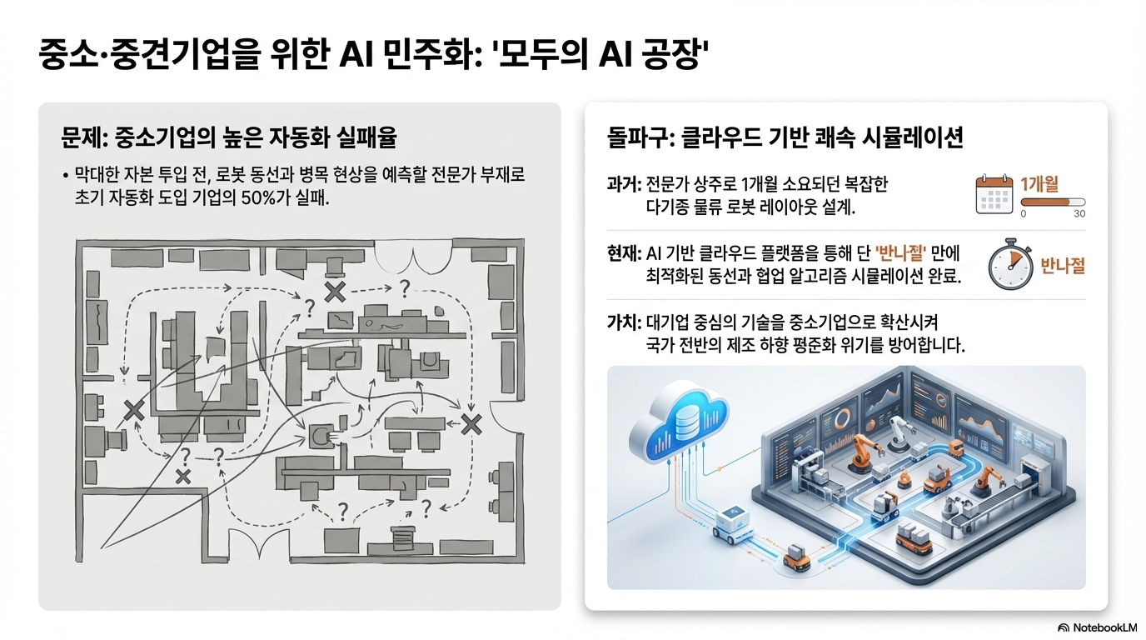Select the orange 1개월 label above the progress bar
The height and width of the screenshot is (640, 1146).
[1039, 184]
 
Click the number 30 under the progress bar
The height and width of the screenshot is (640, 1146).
[1079, 214]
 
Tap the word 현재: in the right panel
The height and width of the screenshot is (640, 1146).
[624, 253]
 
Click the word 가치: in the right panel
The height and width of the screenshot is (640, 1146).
[624, 322]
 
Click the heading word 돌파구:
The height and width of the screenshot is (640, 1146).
[640, 138]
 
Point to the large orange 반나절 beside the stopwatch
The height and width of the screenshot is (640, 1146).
[1063, 267]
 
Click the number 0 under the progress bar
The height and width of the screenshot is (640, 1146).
[1023, 214]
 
